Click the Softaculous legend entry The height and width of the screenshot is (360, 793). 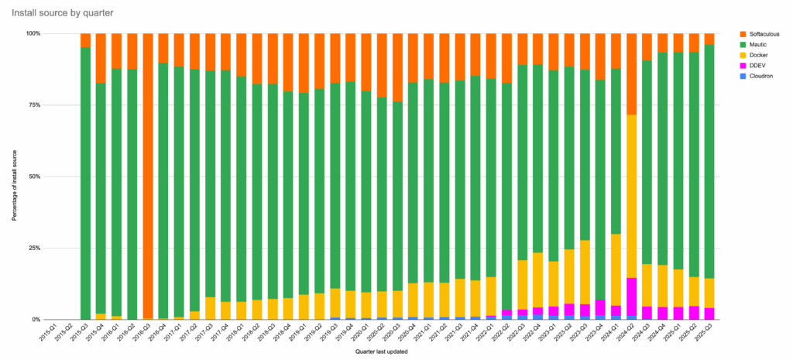pyautogui.click(x=763, y=34)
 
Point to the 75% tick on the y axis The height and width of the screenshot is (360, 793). pyautogui.click(x=34, y=105)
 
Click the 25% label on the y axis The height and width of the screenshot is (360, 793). pyautogui.click(x=34, y=248)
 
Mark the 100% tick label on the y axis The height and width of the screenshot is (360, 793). pyautogui.click(x=33, y=33)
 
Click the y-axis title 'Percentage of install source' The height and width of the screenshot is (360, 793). pyautogui.click(x=14, y=177)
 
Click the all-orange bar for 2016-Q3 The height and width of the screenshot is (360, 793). pyautogui.click(x=148, y=177)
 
